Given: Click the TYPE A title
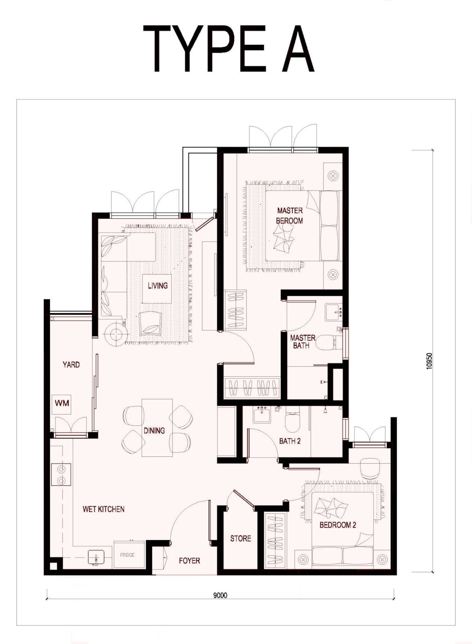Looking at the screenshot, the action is click(x=229, y=48).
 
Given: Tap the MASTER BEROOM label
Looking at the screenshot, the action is click(x=289, y=216).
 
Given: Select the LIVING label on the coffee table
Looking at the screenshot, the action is click(x=157, y=285).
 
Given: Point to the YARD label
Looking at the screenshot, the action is click(x=71, y=365).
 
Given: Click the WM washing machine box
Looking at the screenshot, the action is click(x=62, y=403).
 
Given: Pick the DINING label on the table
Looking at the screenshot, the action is click(x=155, y=430).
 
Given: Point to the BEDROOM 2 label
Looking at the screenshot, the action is click(x=338, y=525).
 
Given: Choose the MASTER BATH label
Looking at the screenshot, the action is click(x=303, y=342).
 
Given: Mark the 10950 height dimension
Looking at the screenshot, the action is click(x=429, y=361).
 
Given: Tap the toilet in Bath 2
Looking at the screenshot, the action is click(x=293, y=419).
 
